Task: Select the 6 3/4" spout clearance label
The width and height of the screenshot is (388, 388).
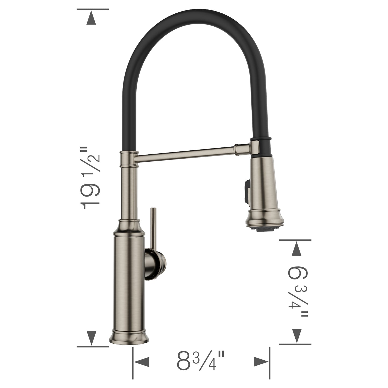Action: point(298,291)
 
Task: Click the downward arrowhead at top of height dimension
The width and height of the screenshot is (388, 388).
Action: point(91,19)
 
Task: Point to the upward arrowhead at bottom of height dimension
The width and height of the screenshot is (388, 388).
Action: point(91,338)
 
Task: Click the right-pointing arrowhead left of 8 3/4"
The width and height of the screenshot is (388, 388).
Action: point(141,362)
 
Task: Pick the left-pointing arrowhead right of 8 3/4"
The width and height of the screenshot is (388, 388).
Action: point(262,362)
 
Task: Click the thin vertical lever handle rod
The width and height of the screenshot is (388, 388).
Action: point(153,228)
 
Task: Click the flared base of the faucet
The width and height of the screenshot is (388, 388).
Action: point(129,337)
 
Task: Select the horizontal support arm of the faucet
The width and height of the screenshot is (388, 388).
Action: point(185,154)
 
